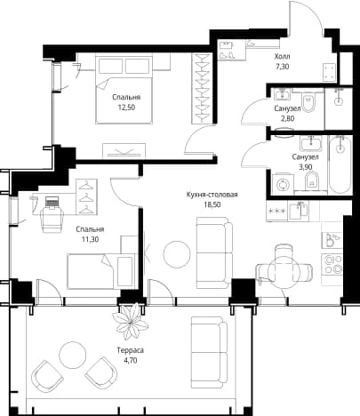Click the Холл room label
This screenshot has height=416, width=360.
(x=282, y=56)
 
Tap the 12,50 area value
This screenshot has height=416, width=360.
(x=126, y=108)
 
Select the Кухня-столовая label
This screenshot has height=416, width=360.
(x=212, y=195)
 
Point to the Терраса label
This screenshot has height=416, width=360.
(x=131, y=350)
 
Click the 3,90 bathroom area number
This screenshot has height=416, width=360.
(x=305, y=167)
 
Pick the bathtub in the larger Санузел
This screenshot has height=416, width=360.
(x=340, y=164)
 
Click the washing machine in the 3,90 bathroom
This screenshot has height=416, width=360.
(x=283, y=184)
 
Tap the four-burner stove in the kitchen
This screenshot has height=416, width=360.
(x=333, y=265)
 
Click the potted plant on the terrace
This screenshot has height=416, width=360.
(x=131, y=322)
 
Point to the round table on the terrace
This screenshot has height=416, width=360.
(x=73, y=355)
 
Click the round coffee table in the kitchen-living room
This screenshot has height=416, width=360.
(x=177, y=254)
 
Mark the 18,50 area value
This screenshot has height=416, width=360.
(x=212, y=204)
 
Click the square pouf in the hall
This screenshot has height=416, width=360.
(x=330, y=72)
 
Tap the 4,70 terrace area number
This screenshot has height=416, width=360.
(x=131, y=360)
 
